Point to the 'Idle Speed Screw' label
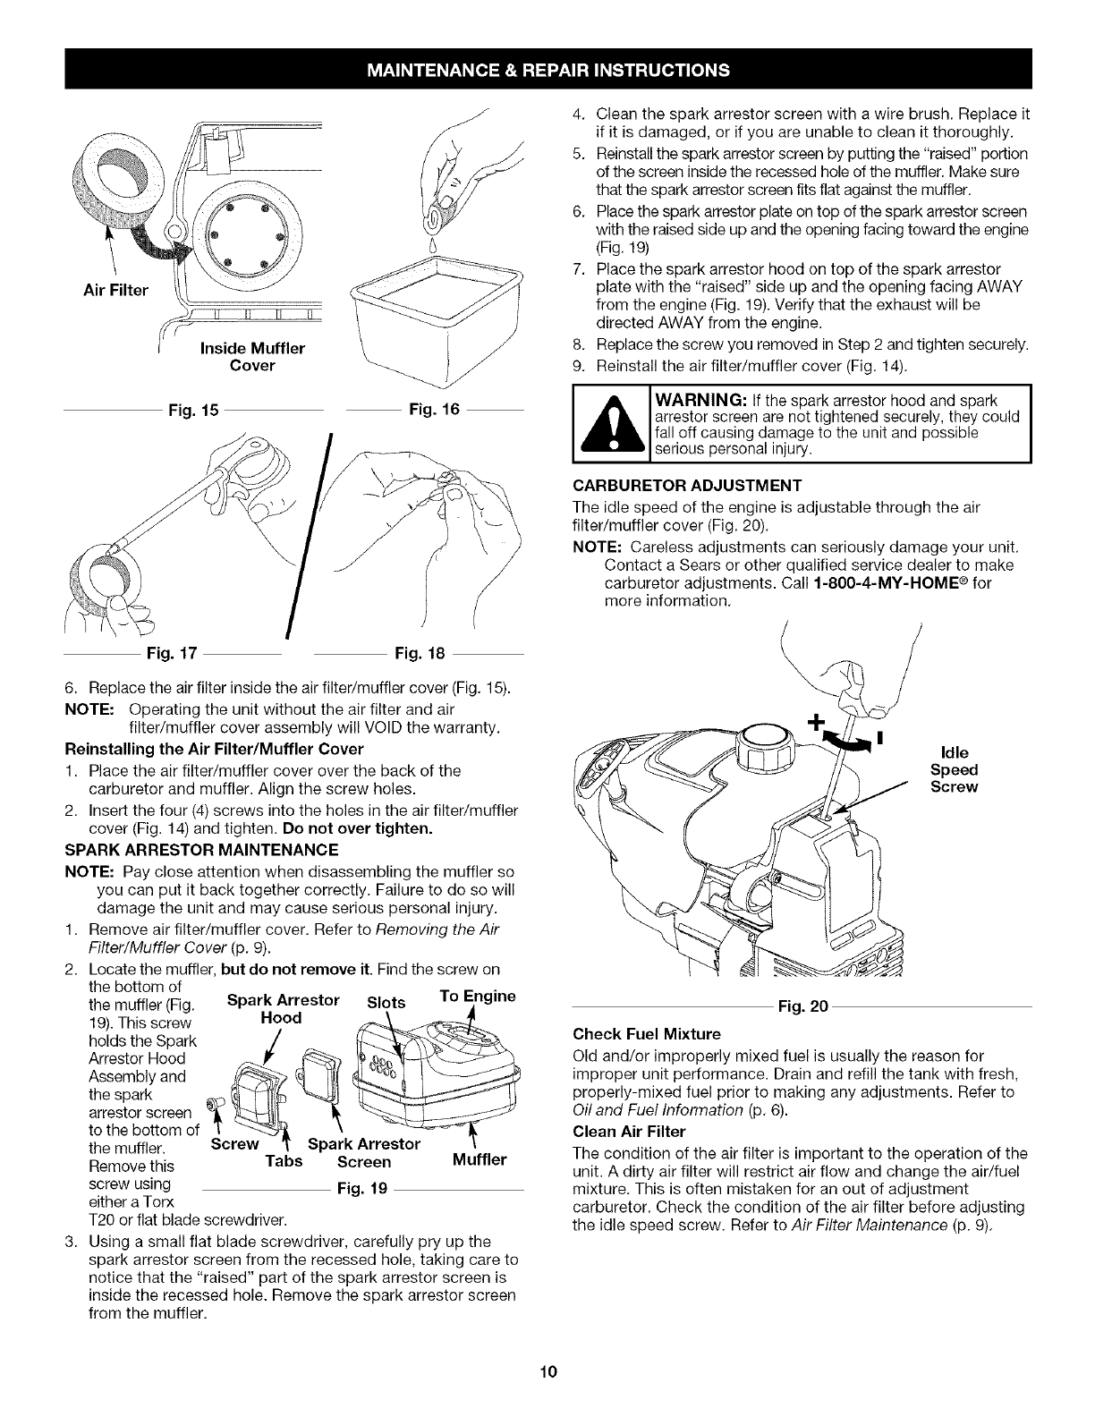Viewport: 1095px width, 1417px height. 954,769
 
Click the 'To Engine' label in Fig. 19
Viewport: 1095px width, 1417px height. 478,997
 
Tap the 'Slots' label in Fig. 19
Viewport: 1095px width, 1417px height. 387,1001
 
